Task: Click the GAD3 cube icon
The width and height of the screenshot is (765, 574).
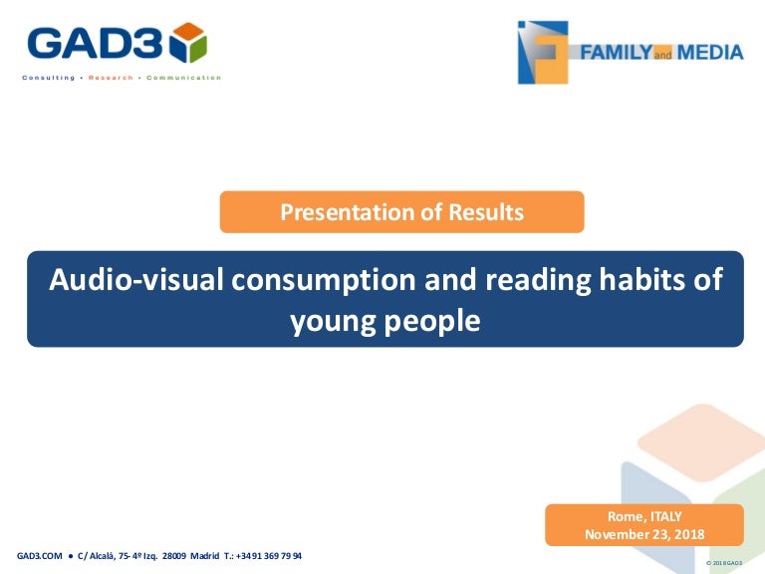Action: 188,42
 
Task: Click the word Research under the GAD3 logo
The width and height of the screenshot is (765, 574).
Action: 111,78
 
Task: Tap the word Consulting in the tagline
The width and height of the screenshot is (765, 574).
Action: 48,78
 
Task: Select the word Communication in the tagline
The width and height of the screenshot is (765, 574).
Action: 183,78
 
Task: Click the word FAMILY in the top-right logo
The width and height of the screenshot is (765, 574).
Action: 617,52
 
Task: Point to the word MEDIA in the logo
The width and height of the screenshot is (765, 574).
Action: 710,52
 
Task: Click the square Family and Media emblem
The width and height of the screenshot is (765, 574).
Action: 543,52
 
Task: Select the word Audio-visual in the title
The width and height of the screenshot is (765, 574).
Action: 135,280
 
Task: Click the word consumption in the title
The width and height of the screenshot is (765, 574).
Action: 324,281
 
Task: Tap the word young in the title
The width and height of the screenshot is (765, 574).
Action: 333,322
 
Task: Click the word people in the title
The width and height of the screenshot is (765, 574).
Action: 432,322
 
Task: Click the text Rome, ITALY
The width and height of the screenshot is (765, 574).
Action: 644,516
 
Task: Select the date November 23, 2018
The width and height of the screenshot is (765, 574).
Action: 644,534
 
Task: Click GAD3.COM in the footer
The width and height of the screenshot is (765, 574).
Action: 40,556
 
